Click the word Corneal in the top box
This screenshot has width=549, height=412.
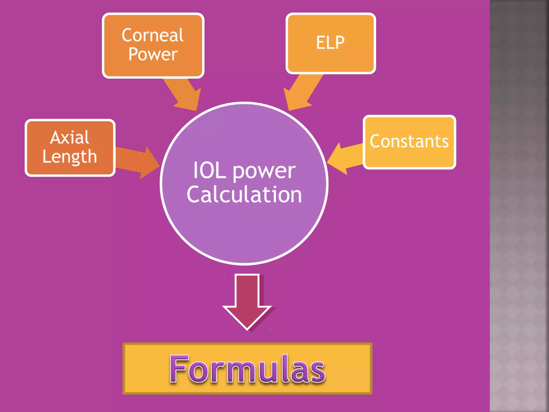coord(153,35)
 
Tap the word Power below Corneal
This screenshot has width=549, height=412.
coord(153,54)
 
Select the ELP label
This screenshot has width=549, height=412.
coord(330,43)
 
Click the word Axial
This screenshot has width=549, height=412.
coord(70,138)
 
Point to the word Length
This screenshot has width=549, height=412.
coord(70,157)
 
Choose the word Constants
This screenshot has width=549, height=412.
coord(409,141)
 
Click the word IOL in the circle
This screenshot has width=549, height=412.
coord(209,171)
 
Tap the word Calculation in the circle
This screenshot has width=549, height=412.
coord(244,194)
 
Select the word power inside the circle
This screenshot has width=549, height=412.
coord(264,172)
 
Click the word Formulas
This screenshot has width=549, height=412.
coord(247,369)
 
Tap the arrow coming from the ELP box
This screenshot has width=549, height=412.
coord(302,93)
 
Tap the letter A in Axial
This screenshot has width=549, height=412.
coord(56,138)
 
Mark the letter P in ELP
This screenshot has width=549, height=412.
coord(339,43)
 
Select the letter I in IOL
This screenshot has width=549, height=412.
coord(195,171)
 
